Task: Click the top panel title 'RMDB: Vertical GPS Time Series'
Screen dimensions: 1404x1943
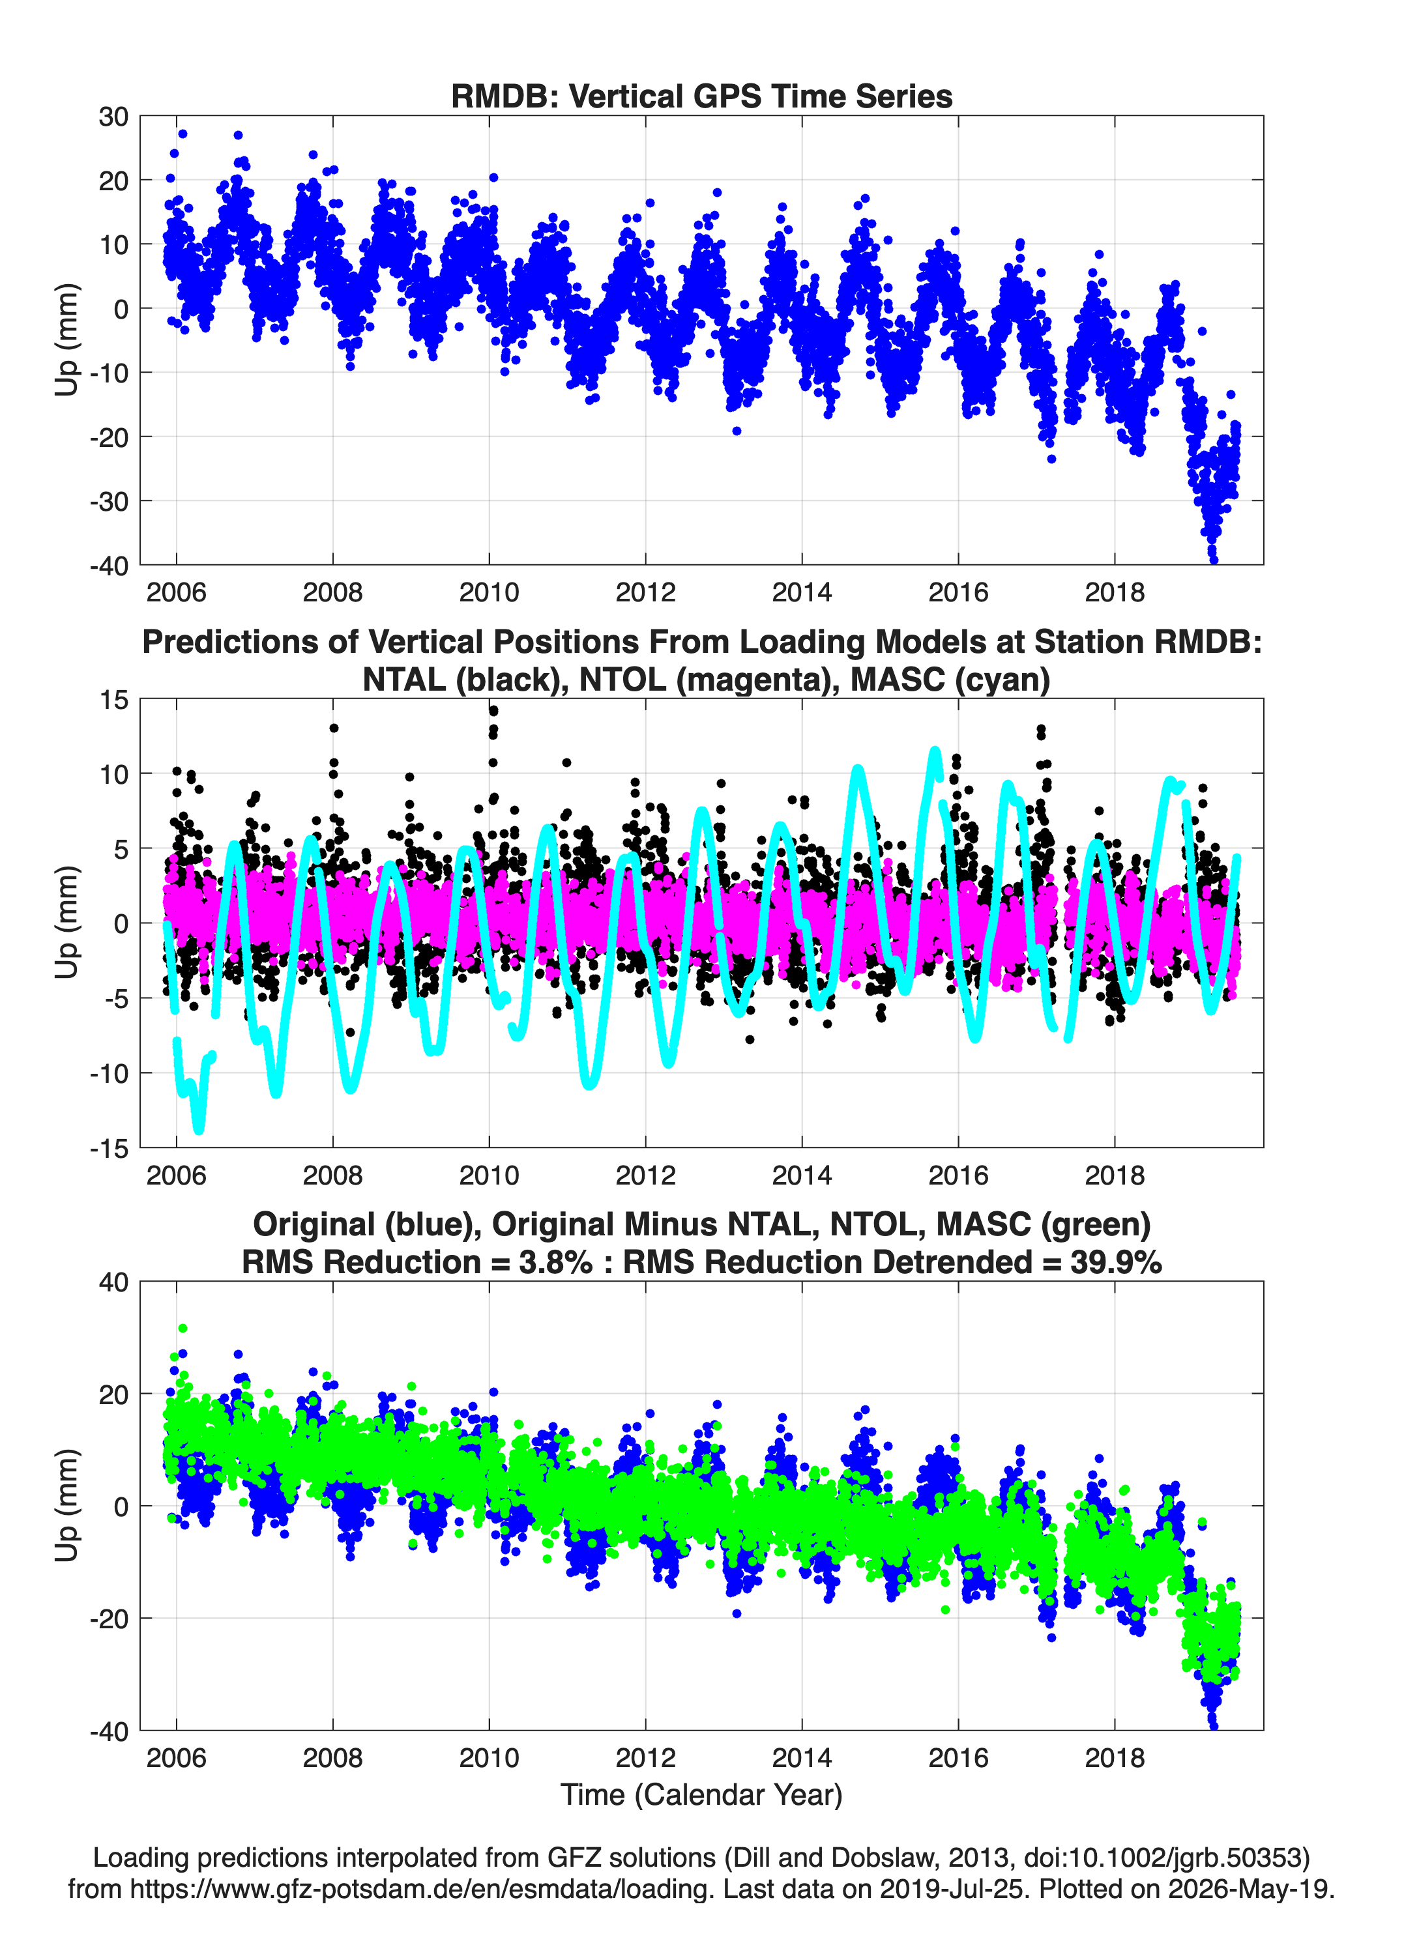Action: coord(701,96)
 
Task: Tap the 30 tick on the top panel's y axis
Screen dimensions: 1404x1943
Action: coord(113,117)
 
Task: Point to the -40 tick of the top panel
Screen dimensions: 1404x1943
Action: coord(109,566)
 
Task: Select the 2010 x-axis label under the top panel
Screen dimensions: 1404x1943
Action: coord(489,592)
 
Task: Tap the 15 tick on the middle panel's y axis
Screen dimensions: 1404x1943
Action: coord(114,700)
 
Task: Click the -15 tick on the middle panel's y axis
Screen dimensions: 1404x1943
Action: coord(109,1148)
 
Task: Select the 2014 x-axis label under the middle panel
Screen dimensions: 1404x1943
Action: coord(802,1175)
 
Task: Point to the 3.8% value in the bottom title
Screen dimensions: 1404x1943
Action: coord(555,1262)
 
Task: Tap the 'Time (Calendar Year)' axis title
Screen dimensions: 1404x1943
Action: coord(701,1795)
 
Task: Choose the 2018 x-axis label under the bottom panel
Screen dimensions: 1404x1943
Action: coord(1115,1757)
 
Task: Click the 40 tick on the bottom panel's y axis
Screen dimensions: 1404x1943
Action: coord(113,1282)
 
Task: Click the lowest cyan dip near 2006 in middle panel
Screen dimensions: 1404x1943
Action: coord(199,1129)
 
